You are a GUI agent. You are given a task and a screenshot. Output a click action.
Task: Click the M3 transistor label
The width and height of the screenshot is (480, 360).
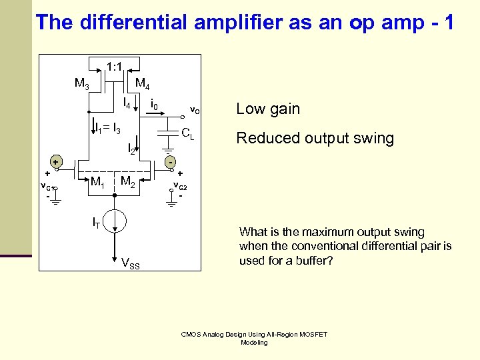click(x=82, y=84)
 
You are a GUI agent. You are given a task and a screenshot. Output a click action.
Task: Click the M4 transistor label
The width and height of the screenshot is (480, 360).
click(x=143, y=84)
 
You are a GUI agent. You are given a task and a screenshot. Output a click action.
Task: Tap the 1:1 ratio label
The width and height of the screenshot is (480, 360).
click(x=113, y=67)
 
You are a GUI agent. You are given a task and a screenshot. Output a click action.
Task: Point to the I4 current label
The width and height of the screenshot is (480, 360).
click(x=127, y=103)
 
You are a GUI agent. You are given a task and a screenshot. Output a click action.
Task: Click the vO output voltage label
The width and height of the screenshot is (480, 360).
click(x=195, y=109)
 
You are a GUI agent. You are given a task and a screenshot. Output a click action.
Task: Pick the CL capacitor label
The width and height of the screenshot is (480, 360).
click(x=188, y=135)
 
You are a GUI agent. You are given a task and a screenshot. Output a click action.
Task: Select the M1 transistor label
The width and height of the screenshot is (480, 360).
click(x=97, y=182)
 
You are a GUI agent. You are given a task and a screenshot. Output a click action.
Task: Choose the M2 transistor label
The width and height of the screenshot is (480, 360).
click(x=128, y=182)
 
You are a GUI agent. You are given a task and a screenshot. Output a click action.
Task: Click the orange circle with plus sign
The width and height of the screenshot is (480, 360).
click(x=57, y=162)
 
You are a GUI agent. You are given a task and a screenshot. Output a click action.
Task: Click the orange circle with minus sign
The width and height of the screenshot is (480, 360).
click(x=171, y=162)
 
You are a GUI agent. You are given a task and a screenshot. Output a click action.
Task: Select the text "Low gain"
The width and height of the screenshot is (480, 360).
click(x=268, y=109)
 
